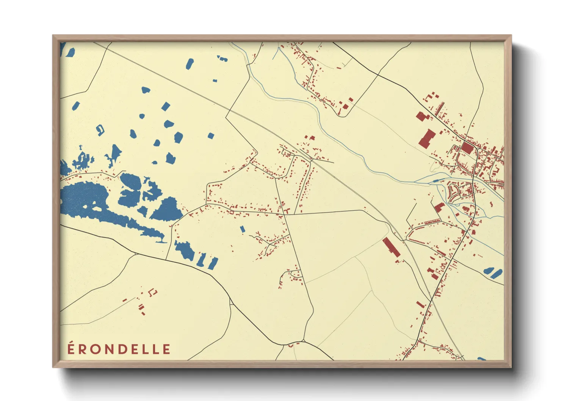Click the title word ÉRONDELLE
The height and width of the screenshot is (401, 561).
119,349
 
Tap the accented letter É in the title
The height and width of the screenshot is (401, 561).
71,349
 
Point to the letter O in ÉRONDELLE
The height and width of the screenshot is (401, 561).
95,349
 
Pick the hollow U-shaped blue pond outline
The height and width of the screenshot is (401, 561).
100,130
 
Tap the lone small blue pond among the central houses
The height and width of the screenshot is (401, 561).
243,229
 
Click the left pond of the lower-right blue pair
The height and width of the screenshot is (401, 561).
489,271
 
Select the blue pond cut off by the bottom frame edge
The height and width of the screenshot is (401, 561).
481,359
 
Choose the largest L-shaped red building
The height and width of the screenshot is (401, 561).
427,139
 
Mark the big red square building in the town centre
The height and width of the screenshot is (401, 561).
467,148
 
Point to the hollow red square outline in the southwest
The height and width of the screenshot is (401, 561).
154,292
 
